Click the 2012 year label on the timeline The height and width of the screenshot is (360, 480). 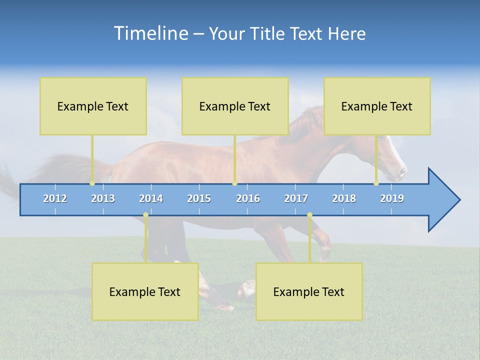click(55, 198)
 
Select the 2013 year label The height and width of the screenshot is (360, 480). click(103, 198)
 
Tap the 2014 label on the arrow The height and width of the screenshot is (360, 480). click(151, 198)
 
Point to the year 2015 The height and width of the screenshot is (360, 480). click(199, 198)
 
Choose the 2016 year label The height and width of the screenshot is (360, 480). click(248, 198)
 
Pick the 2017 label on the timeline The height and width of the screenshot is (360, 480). click(296, 198)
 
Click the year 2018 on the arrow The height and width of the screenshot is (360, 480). click(344, 198)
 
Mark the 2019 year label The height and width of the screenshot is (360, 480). click(392, 198)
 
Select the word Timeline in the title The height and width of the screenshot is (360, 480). click(150, 33)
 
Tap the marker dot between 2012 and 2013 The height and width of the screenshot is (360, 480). click(92, 183)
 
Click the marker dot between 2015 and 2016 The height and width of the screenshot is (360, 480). click(234, 183)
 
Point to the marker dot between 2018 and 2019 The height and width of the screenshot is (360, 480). click(376, 183)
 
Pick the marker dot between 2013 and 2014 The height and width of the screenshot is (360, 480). click(145, 215)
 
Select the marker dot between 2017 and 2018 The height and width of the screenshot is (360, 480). click(309, 215)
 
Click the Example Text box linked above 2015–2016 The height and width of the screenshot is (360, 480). click(235, 106)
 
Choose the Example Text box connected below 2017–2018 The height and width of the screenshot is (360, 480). click(309, 291)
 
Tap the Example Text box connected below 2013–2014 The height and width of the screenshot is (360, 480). click(145, 291)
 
